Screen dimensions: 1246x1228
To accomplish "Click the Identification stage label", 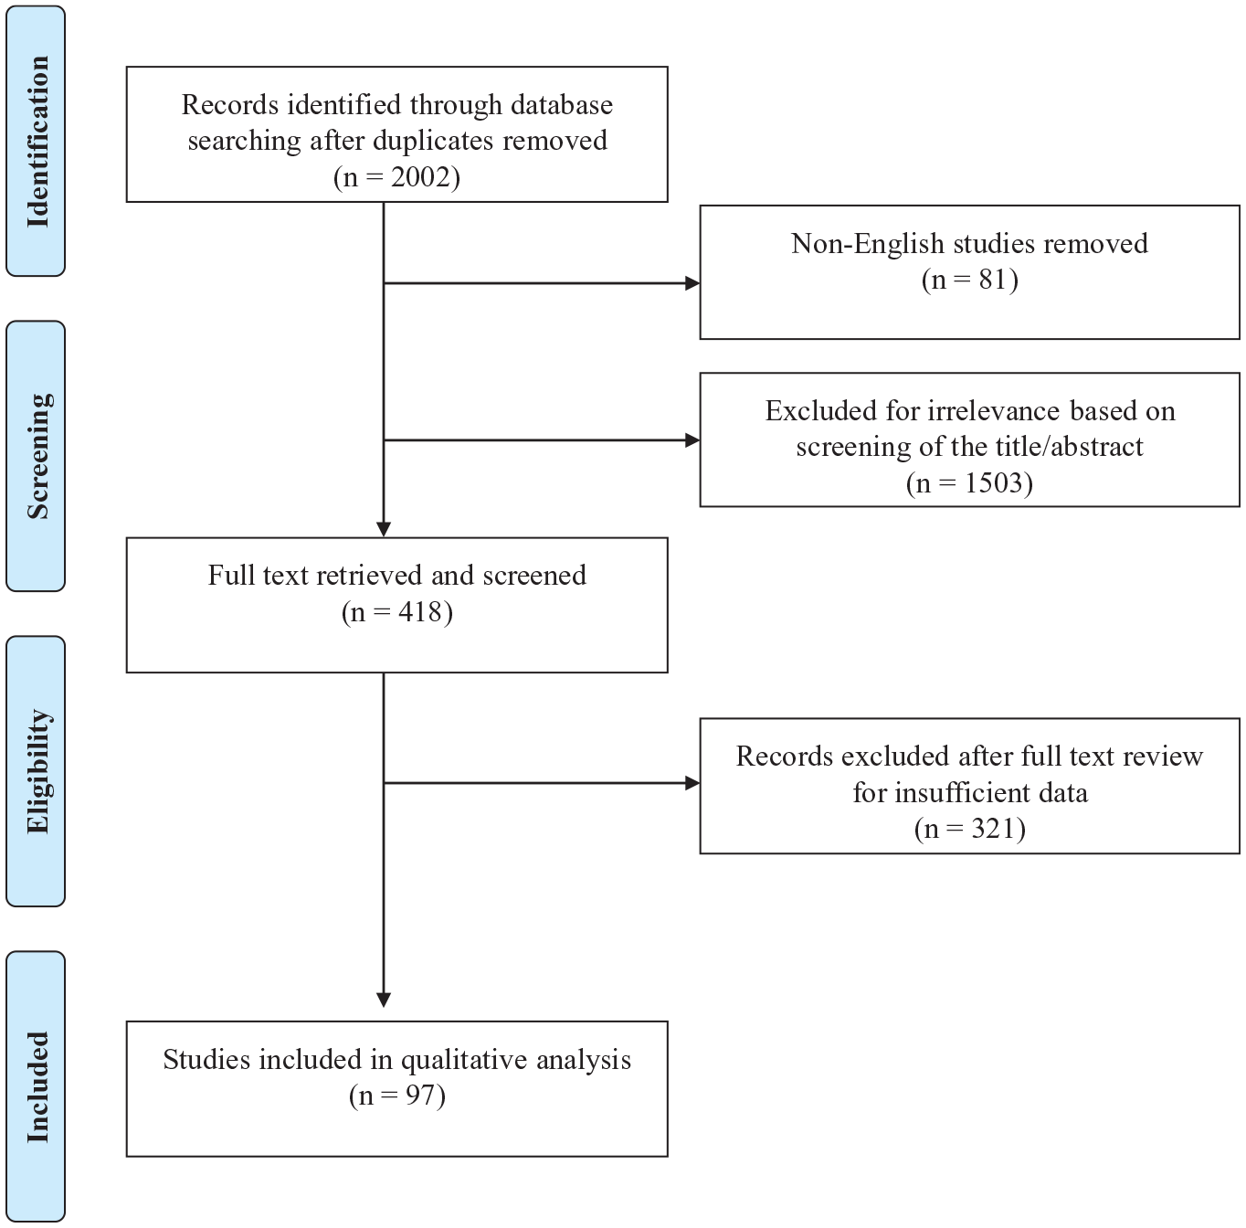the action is pos(37,142).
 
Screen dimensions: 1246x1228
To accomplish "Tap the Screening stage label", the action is pos(37,456).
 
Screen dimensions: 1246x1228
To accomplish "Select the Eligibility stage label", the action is pos(37,771).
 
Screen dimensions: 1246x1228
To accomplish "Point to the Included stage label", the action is pos(37,1086).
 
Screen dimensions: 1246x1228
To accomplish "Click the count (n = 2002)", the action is pos(396,176).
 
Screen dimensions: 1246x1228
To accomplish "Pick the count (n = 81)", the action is pos(969,280).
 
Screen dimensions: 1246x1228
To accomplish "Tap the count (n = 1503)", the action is pos(969,482).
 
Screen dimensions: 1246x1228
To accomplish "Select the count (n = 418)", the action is pos(396,612).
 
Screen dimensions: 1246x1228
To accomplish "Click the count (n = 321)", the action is pos(969,828).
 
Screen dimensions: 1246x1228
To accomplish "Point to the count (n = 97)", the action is pos(396,1096).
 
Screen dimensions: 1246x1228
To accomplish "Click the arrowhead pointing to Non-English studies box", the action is pos(692,282).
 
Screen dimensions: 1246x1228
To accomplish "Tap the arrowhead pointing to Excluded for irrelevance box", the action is pos(692,440).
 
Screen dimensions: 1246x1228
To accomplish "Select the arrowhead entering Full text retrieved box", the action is pos(384,530).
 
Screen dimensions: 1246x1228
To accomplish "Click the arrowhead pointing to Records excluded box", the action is pos(692,784).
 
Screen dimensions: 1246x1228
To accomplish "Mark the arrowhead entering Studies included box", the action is pos(384,1000).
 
